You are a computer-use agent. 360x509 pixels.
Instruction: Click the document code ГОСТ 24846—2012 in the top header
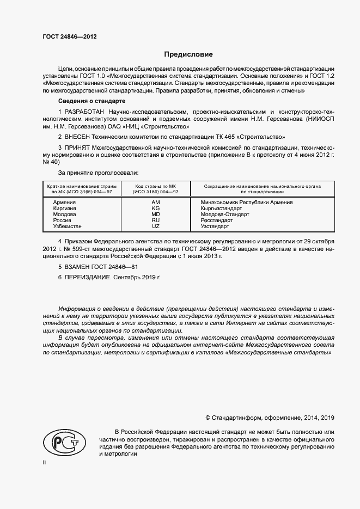coord(70,37)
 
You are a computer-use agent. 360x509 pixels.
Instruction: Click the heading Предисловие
coord(188,54)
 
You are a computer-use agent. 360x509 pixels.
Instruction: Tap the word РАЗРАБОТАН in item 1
coord(86,112)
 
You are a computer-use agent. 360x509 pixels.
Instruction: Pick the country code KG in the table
coord(155,208)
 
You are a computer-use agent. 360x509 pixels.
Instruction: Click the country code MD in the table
coord(155,214)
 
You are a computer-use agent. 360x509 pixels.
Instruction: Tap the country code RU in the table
coord(155,220)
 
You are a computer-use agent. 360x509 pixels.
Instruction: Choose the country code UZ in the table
coord(155,226)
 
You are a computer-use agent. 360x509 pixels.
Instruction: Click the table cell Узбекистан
coord(68,226)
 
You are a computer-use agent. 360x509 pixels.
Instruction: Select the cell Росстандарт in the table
coord(216,220)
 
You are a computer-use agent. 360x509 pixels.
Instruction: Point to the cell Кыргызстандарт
coord(221,208)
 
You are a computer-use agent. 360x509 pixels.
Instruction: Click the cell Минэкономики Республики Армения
coord(247,202)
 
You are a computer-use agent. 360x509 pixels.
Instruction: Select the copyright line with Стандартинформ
coord(270,418)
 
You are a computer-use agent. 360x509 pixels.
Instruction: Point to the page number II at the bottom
coord(45,462)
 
